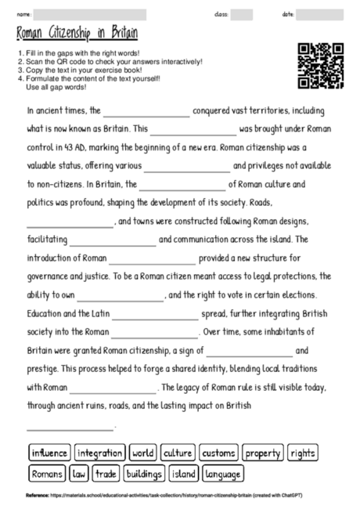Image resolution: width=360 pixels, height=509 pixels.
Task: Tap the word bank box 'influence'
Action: coord(49,453)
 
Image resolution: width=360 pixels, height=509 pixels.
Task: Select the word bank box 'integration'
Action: coord(100,453)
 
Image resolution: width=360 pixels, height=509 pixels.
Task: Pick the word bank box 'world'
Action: coord(143,453)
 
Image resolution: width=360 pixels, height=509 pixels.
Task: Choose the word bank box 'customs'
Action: coord(218,453)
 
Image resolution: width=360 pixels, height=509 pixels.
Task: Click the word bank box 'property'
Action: coord(263,453)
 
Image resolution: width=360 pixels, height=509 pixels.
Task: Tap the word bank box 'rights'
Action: coord(302,453)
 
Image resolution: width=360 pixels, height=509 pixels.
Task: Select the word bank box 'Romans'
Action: coord(47,473)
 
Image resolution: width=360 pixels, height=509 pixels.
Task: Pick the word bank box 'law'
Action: coord(79,473)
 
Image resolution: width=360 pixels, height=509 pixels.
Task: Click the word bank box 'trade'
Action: coord(106,473)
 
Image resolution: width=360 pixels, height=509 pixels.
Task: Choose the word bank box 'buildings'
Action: coord(143,473)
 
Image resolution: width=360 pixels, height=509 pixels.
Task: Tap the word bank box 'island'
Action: coord(183,473)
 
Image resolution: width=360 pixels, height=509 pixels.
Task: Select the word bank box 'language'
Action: coord(222,473)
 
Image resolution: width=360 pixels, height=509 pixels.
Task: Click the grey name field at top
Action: coord(90,14)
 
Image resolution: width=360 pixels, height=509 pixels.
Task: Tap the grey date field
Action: coord(319,14)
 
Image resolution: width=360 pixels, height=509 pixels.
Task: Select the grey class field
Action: coord(242,14)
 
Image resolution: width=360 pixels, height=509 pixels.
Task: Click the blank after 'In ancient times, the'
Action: coord(146,112)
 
